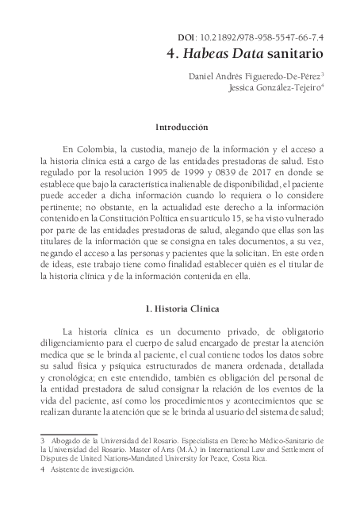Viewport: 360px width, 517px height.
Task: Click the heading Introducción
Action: point(182,126)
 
